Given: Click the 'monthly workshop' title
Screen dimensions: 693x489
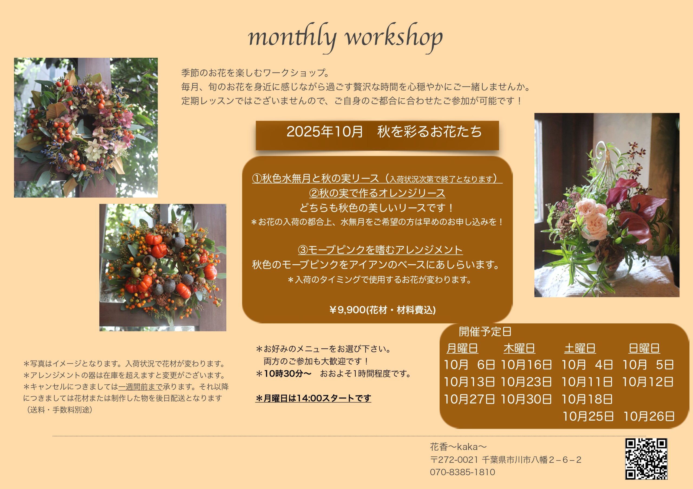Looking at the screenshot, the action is tap(345, 38).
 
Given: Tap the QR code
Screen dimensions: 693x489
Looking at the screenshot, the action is tap(646, 459).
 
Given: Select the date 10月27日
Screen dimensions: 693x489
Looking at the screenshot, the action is tap(469, 399).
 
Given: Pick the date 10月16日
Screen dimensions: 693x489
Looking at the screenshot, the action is tap(526, 365).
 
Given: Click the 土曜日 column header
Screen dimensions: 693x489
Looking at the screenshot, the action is tap(580, 348).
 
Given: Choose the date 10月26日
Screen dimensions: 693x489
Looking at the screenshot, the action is tap(649, 416).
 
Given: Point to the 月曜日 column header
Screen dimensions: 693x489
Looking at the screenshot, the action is tap(462, 348).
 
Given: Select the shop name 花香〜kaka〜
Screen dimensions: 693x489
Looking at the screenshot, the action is tap(458, 447).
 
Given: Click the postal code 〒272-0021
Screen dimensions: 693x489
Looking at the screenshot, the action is tap(454, 460).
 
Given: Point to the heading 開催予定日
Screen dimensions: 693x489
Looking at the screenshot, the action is tap(485, 332).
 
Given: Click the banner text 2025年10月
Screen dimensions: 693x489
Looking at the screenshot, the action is tap(325, 131).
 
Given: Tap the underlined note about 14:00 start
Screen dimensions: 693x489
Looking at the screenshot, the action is tap(313, 398).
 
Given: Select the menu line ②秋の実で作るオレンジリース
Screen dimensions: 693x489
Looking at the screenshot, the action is tap(377, 193).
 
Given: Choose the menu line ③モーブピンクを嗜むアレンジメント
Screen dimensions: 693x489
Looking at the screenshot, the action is tap(380, 250).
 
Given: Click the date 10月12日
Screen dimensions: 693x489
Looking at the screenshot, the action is tap(648, 382).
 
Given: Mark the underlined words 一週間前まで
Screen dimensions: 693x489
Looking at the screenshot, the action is tap(140, 387).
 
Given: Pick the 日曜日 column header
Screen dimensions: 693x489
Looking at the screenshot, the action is tap(644, 348).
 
